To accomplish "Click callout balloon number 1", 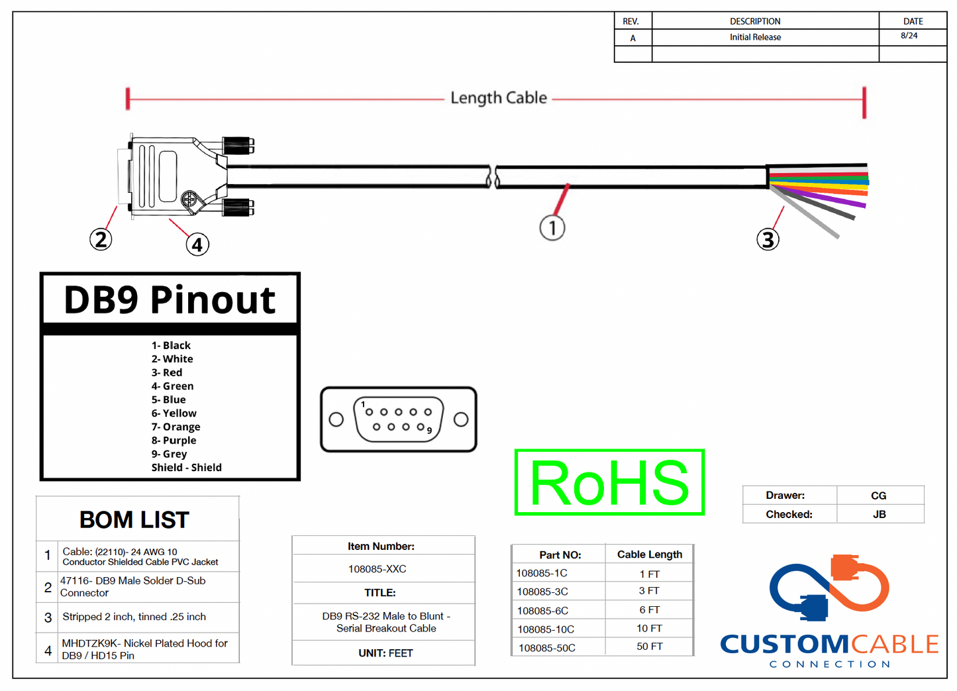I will (552, 227).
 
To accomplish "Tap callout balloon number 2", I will (101, 239).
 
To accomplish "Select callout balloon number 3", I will (768, 239).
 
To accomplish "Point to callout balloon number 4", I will (197, 244).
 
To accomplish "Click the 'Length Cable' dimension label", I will (499, 98).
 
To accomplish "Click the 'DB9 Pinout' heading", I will (170, 299).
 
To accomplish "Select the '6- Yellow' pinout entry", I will (174, 413).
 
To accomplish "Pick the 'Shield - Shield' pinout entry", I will (186, 468).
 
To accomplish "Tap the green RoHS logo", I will (609, 482).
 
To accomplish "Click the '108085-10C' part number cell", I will (546, 629).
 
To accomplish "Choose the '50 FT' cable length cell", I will (649, 647).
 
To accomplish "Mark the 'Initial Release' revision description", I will (755, 38).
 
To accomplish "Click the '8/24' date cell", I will (909, 36).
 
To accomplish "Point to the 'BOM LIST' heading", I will (134, 520).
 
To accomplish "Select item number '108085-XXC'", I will (378, 569).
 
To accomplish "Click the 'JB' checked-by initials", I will (879, 514).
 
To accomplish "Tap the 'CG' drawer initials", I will (878, 496).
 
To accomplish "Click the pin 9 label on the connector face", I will (429, 431).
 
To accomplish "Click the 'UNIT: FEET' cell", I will (385, 653).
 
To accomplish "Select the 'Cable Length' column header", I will (649, 555).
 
